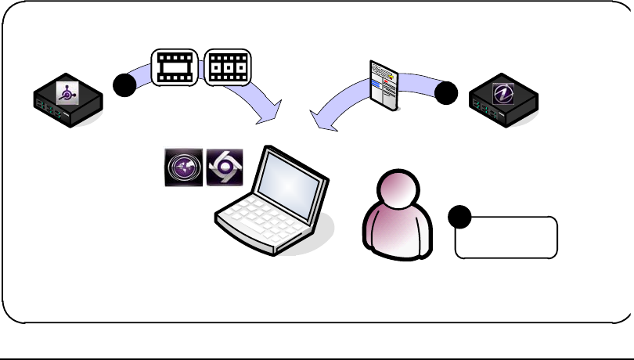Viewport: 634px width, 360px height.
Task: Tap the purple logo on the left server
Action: coord(68,92)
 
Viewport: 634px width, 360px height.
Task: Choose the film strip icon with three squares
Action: coord(227,68)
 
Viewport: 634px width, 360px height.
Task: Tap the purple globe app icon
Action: coord(183,167)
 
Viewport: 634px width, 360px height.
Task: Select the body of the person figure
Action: coord(399,235)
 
